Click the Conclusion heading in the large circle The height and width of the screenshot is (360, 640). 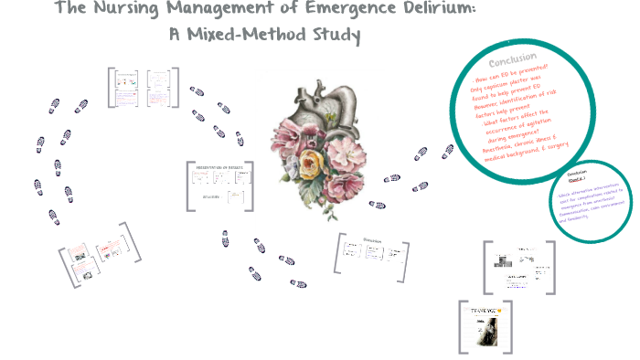[512, 59]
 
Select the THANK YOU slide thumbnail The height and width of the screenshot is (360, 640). [484, 325]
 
